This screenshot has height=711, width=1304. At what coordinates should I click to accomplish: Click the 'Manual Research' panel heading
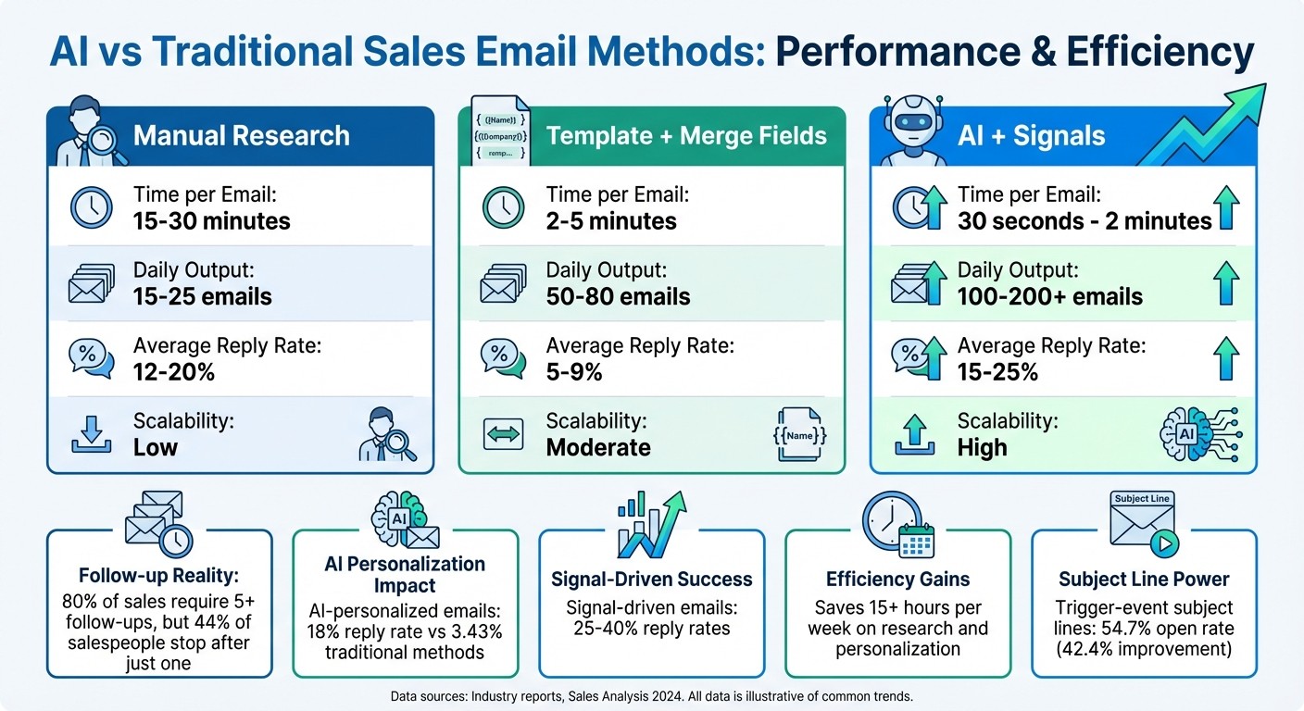pyautogui.click(x=241, y=136)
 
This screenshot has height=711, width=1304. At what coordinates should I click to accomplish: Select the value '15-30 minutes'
pyautogui.click(x=212, y=221)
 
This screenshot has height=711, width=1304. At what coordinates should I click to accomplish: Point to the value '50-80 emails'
pyautogui.click(x=618, y=296)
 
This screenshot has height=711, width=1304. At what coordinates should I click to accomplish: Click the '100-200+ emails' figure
pyautogui.click(x=1050, y=296)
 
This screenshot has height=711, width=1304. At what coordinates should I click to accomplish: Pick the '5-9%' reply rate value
pyautogui.click(x=574, y=371)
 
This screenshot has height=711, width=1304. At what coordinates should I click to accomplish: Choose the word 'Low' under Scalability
pyautogui.click(x=156, y=447)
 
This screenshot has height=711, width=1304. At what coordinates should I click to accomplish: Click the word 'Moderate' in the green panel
pyautogui.click(x=598, y=447)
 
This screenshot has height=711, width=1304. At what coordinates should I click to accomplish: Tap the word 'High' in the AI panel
pyautogui.click(x=982, y=447)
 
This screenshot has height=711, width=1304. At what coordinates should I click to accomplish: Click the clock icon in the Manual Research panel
pyautogui.click(x=92, y=208)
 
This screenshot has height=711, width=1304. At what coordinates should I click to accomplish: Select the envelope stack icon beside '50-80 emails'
pyautogui.click(x=504, y=284)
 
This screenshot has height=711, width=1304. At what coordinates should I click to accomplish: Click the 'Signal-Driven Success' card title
pyautogui.click(x=651, y=580)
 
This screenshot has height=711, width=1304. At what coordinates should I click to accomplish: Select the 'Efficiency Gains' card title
pyautogui.click(x=897, y=580)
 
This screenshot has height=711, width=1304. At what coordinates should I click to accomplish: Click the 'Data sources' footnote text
pyautogui.click(x=651, y=693)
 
